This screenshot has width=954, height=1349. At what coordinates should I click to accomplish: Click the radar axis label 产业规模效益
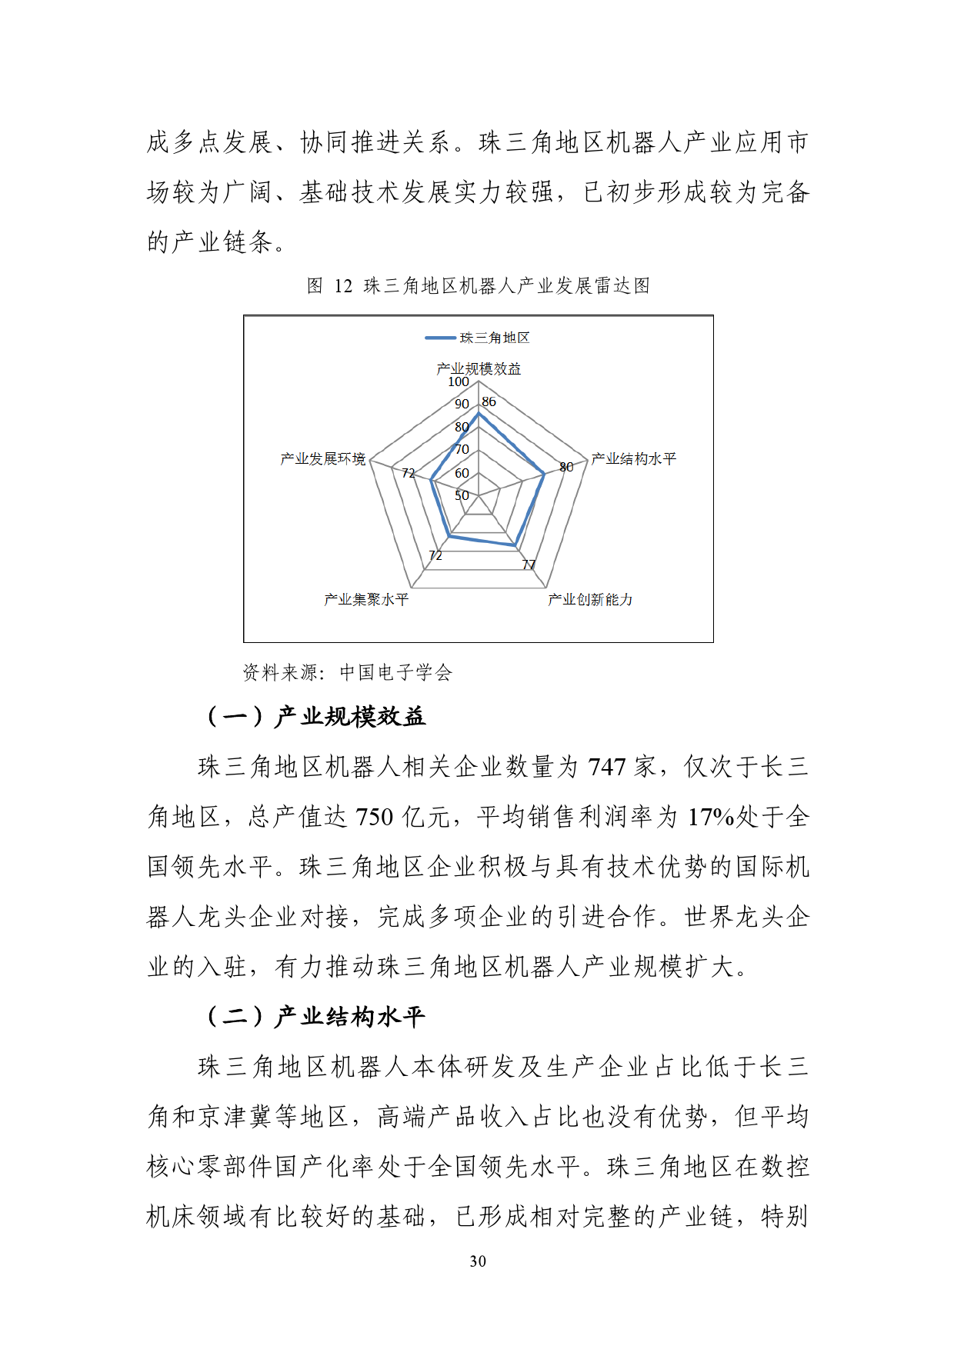(479, 369)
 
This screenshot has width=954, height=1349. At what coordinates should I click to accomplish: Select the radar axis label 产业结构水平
(633, 459)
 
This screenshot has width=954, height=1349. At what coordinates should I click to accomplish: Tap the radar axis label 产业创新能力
(590, 599)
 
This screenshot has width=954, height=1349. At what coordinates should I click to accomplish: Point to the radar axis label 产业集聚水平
(366, 599)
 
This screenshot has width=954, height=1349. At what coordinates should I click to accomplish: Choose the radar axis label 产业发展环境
(323, 459)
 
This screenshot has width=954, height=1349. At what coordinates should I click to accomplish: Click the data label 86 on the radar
(489, 401)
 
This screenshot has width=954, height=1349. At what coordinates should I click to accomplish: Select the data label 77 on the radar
(529, 565)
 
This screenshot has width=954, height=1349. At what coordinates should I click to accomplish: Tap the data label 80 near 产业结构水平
(566, 467)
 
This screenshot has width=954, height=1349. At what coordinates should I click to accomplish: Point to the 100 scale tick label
(459, 381)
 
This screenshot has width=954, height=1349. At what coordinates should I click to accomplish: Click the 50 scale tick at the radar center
(462, 495)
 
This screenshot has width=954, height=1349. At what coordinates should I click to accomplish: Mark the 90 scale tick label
(462, 404)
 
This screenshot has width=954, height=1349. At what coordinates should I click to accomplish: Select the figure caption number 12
(343, 286)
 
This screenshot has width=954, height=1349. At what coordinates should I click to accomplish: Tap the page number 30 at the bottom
(478, 1261)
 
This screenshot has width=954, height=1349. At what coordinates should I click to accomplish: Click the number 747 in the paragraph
(607, 767)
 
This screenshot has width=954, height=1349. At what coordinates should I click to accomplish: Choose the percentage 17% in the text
(711, 817)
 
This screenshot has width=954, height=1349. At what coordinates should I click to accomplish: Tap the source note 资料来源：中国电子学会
(348, 673)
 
